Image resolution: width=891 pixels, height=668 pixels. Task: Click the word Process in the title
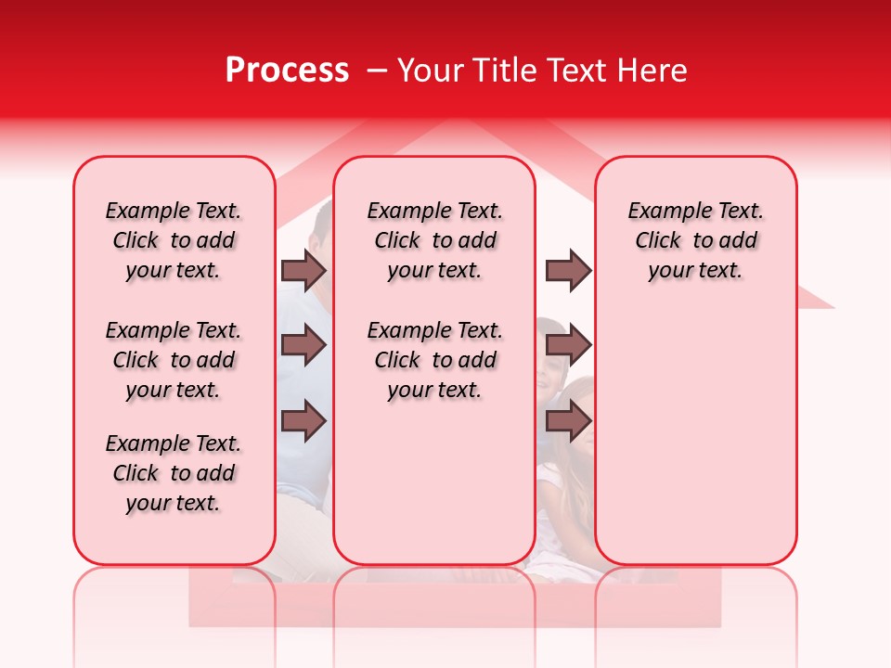tap(286, 71)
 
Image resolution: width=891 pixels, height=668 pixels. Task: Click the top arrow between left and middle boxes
tap(303, 270)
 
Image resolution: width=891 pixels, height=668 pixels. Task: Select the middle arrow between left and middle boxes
tap(303, 345)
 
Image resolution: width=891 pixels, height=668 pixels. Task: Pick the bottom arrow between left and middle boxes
tap(303, 421)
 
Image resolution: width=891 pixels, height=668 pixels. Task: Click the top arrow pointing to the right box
tap(568, 270)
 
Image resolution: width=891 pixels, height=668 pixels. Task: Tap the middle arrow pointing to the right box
tap(568, 345)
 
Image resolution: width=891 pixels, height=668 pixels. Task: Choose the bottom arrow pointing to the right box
tap(568, 421)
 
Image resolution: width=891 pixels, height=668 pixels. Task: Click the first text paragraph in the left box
tap(174, 240)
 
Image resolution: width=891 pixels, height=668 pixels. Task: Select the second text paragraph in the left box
tap(174, 360)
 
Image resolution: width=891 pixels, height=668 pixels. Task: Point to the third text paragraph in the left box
tap(174, 473)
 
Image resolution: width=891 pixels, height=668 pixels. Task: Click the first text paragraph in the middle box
tap(434, 240)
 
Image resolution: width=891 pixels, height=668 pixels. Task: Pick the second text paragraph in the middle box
tap(434, 360)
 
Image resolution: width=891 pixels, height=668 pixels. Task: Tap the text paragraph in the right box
tap(695, 240)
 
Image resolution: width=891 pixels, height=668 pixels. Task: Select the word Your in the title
tap(427, 71)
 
